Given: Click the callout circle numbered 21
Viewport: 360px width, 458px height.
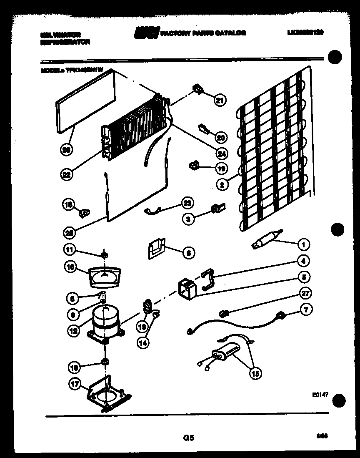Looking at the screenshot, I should tap(220, 100).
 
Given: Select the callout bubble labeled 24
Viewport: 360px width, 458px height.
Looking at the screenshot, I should tap(222, 153).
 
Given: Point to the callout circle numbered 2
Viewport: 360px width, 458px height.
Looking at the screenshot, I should tap(222, 184).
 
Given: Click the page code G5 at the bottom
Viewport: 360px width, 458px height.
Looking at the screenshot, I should tap(188, 438).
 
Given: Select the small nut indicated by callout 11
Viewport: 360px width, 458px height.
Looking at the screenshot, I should tap(105, 254).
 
